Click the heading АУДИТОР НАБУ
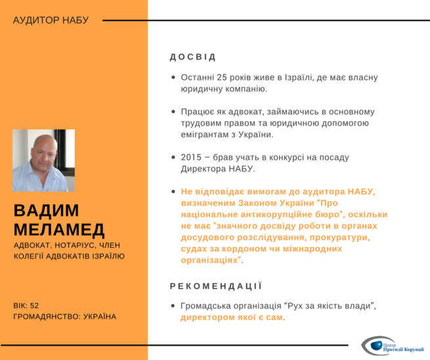[x=50, y=20]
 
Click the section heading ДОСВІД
[x=192, y=57]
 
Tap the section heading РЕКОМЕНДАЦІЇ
[x=215, y=286]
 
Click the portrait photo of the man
[x=43, y=161]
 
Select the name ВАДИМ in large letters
[x=46, y=210]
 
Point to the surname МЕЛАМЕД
[x=59, y=230]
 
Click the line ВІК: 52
[x=26, y=305]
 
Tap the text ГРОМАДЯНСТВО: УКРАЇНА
[x=64, y=317]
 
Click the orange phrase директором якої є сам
[x=232, y=317]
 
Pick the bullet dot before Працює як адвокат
[x=173, y=111]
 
